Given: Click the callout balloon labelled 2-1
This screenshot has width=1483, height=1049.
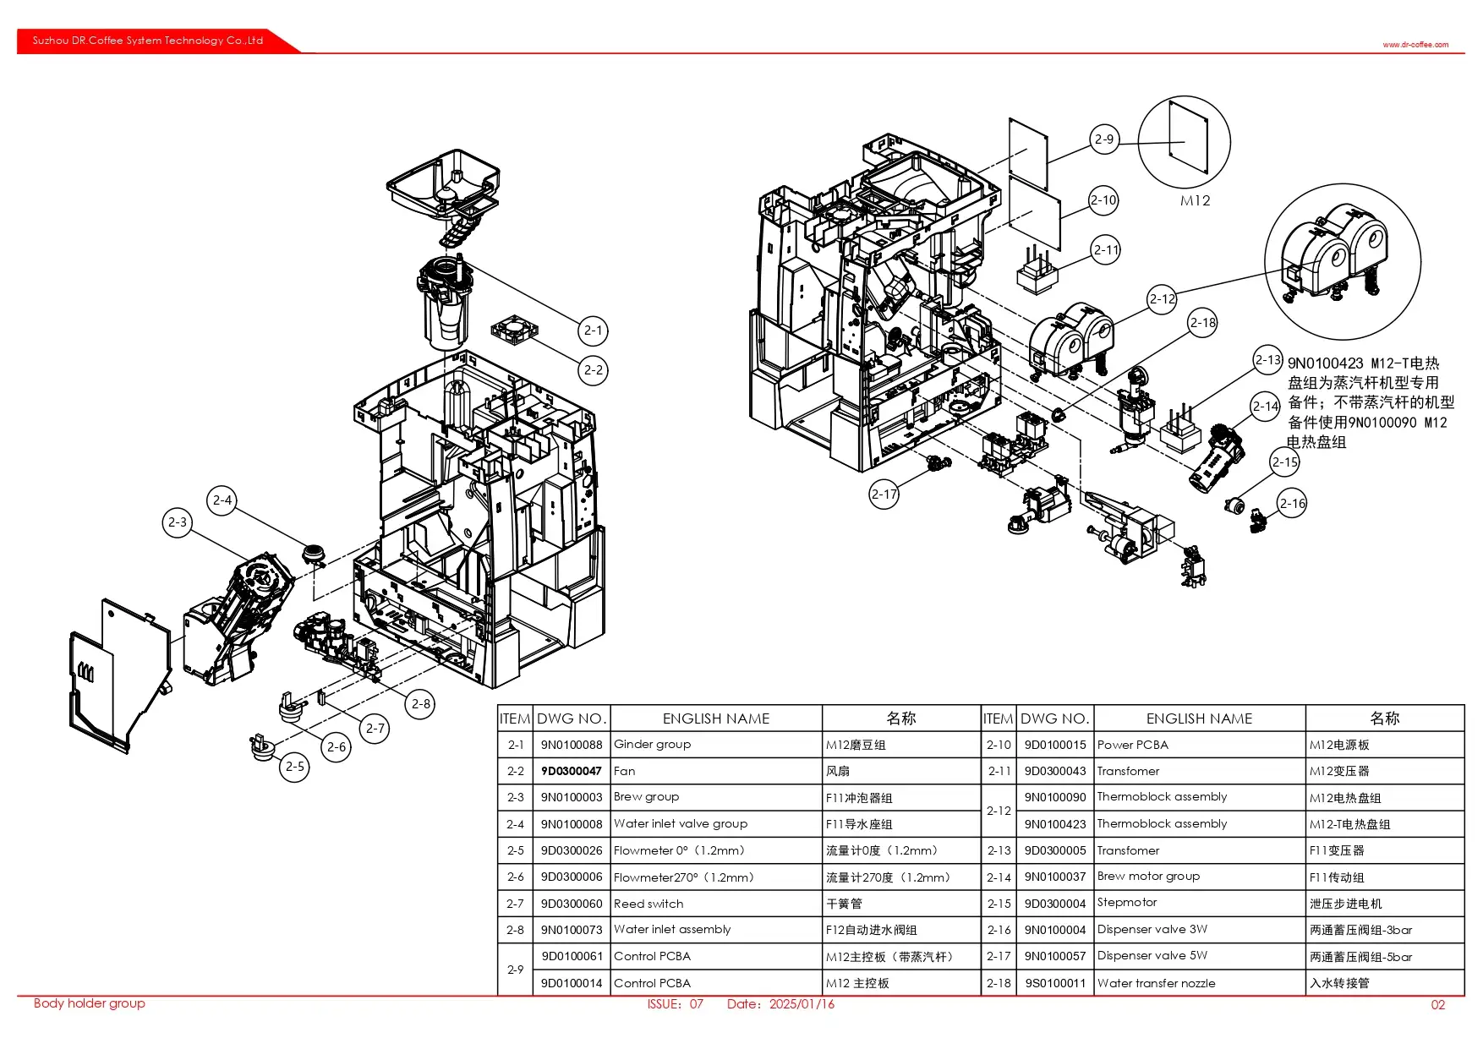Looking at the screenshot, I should (594, 331).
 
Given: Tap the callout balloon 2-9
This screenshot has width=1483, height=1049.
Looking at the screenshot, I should (1104, 139).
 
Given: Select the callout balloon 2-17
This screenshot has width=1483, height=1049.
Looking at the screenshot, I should (884, 494).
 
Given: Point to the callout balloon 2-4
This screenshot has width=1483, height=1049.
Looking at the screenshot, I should (222, 500).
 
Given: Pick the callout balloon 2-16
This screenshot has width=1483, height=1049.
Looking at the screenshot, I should (1292, 504).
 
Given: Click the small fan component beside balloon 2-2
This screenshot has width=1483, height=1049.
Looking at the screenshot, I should (514, 331).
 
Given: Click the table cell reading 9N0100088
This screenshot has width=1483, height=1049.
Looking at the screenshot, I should (572, 745).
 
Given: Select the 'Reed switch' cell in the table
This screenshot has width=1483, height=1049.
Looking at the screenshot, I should (648, 904).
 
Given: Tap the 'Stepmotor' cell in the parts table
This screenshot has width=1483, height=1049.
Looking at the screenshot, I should (1127, 903).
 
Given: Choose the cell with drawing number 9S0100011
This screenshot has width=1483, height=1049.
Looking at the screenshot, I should (1055, 983).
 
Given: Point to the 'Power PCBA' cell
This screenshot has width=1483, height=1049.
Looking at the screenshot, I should (1132, 745).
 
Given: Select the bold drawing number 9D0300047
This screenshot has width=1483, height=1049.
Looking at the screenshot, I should (572, 771).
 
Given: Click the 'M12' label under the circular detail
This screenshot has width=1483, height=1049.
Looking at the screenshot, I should (1195, 200).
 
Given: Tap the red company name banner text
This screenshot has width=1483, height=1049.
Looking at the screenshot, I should (148, 41).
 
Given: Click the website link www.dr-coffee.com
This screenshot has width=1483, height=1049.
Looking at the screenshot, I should (1415, 45).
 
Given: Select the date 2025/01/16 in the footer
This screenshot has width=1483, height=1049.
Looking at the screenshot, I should (802, 1004).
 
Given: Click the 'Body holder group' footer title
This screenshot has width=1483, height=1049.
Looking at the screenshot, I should (90, 1003).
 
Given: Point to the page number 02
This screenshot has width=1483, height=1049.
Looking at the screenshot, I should (1437, 1005).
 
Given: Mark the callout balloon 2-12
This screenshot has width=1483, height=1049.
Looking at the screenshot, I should (1163, 299).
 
